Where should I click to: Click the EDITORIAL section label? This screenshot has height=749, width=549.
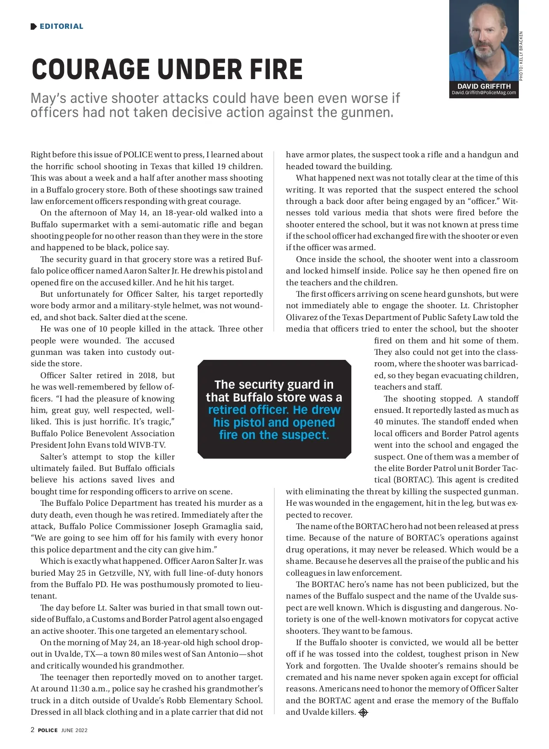[61, 27]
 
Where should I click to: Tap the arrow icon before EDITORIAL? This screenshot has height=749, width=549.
[33, 27]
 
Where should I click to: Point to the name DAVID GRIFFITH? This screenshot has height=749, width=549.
[484, 86]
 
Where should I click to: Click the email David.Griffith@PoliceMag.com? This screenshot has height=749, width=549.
[484, 93]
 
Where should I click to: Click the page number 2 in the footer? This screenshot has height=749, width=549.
[32, 730]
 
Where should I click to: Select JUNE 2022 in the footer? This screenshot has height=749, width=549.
[74, 730]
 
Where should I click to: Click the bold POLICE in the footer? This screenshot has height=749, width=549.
[48, 730]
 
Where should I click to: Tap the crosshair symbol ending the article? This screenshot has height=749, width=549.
[363, 712]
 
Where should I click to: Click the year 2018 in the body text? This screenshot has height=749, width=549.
[147, 375]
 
